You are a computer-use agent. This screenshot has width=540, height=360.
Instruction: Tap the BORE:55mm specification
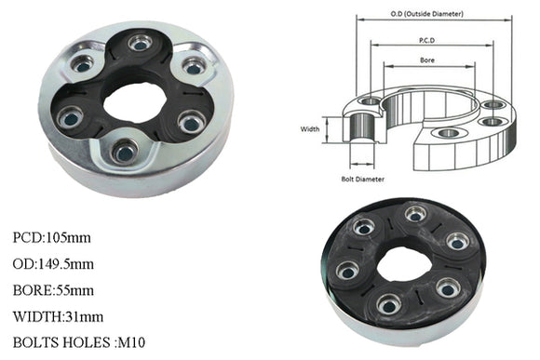[57, 290]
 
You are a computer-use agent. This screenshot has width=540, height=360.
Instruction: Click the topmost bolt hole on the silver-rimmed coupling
[141, 42]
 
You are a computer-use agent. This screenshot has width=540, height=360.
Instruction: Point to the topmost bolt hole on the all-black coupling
[415, 215]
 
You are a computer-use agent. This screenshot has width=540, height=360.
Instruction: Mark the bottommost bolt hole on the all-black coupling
[390, 302]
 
